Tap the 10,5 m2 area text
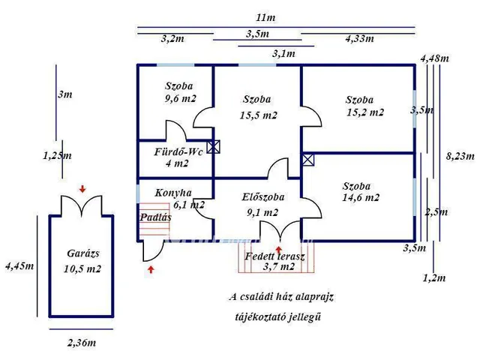coord(82,268)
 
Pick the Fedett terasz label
coord(274,256)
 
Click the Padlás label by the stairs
coord(155,217)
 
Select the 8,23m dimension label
coord(460,156)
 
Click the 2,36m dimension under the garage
coord(81,343)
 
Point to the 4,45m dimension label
coord(19,265)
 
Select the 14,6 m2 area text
coord(361,199)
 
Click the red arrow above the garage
coord(82,187)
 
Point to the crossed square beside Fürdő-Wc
coord(214,147)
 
